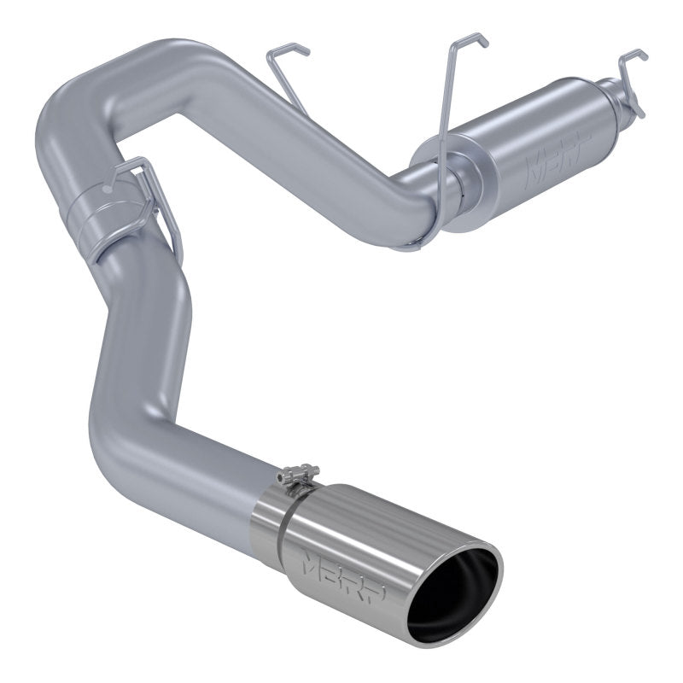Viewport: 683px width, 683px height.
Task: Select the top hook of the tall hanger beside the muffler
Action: click(x=468, y=39)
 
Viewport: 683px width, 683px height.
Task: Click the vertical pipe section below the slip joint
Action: click(x=137, y=324)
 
